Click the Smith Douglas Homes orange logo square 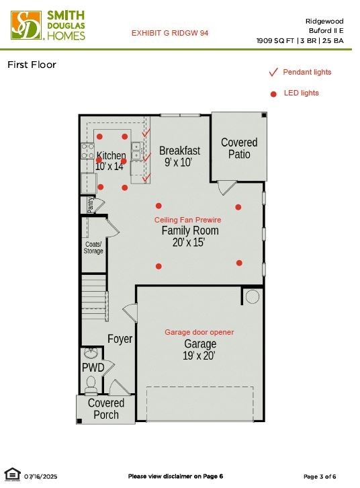(26, 26)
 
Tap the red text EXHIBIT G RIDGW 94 (170, 33)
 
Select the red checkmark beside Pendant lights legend (273, 72)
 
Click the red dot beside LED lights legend (273, 94)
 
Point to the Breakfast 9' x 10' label (179, 156)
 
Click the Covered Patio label (239, 148)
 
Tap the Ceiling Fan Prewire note (188, 220)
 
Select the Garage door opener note (199, 332)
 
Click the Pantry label (90, 205)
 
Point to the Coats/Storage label (93, 248)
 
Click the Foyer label (120, 339)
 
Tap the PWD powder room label (93, 368)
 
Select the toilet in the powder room (91, 384)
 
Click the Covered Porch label (106, 409)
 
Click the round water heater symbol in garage (252, 296)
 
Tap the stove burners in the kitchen (88, 151)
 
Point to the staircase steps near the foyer (94, 298)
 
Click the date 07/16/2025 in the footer (41, 477)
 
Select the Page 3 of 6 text (320, 477)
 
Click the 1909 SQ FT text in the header (275, 41)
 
